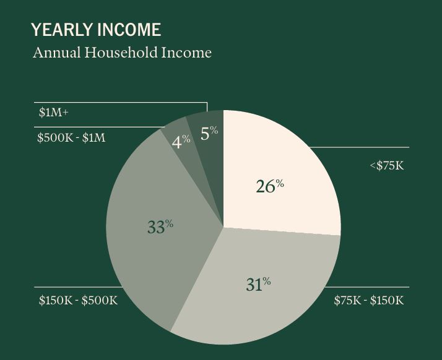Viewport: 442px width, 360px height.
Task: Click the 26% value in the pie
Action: pos(270,186)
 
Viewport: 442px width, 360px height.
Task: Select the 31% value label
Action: pos(258,284)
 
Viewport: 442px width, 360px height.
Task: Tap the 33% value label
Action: pos(160,226)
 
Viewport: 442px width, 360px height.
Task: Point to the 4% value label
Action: pos(181,142)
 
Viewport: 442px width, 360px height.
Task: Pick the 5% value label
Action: pos(209,132)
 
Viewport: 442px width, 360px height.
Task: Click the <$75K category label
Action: pos(387,166)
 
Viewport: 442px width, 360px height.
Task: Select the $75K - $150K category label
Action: pos(369,300)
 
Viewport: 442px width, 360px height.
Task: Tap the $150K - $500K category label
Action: pos(78,300)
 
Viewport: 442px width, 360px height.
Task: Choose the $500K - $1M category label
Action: pos(71,138)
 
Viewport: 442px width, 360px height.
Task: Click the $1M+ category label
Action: pos(54,113)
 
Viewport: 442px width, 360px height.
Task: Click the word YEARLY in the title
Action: pos(61,30)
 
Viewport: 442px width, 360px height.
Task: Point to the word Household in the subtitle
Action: pos(121,53)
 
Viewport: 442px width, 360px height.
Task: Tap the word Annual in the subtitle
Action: pos(56,53)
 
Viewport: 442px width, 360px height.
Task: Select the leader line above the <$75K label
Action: pos(359,147)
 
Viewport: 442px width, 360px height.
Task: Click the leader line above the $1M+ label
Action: pos(121,102)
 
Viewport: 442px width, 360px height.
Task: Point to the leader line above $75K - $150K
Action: pos(366,287)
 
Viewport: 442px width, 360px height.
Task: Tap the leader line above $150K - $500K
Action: pos(79,287)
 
